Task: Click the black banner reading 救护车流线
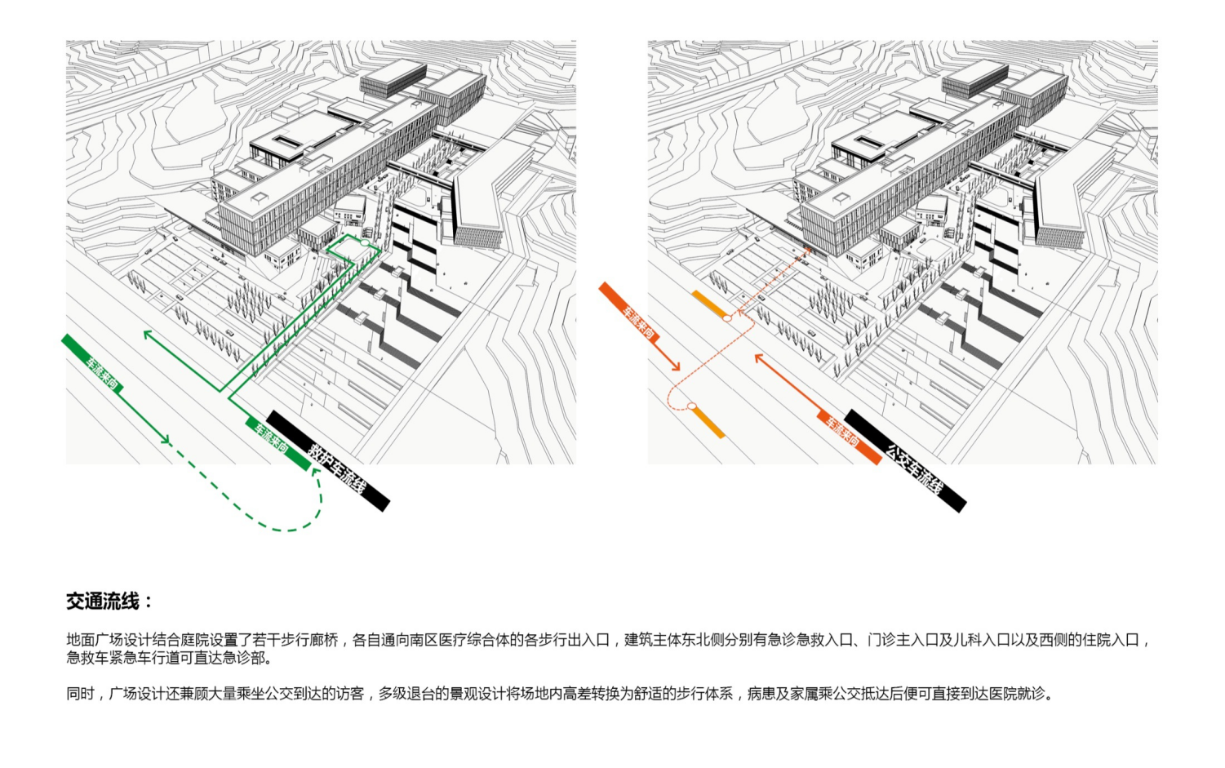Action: click(x=328, y=460)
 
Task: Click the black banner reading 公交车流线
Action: click(x=905, y=460)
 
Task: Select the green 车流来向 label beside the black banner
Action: click(x=277, y=443)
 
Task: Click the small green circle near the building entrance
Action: click(x=365, y=242)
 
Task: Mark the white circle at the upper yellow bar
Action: click(x=727, y=317)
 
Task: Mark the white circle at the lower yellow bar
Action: click(x=692, y=406)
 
